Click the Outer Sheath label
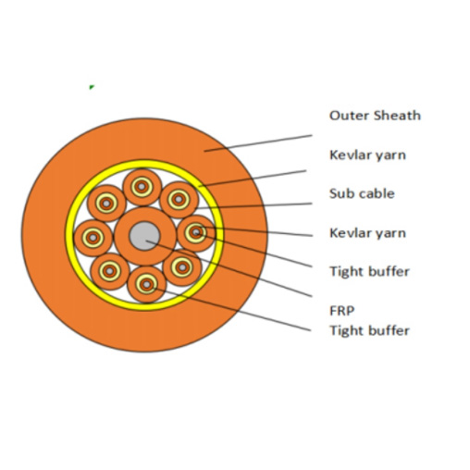[375, 116]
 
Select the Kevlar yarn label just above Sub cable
[367, 155]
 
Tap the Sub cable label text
[362, 193]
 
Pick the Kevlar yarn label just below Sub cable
[367, 233]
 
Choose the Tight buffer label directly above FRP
[370, 272]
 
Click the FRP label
[342, 311]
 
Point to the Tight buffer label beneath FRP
[370, 330]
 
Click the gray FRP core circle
[144, 237]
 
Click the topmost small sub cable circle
[142, 187]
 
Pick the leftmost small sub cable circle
[93, 238]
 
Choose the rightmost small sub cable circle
[196, 233]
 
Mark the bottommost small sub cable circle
[146, 284]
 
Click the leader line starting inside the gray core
[229, 268]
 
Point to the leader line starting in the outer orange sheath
[258, 143]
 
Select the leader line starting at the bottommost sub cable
[232, 309]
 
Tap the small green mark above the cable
[92, 87]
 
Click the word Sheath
[397, 116]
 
